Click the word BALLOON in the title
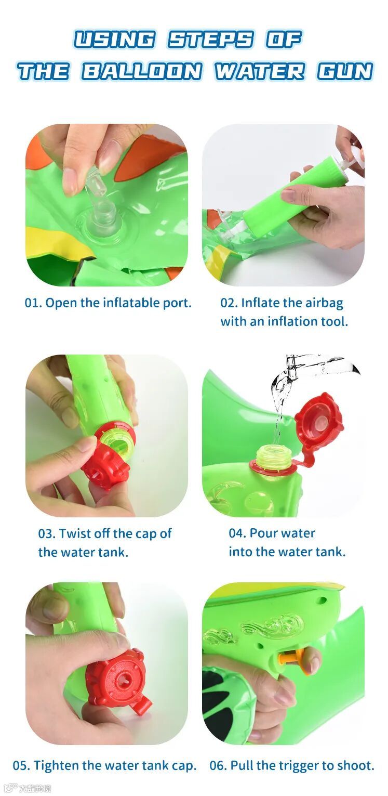coord(141,71)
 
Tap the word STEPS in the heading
coord(210,39)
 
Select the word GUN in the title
coord(345,71)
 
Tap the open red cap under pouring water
coord(318,421)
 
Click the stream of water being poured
coord(280,398)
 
